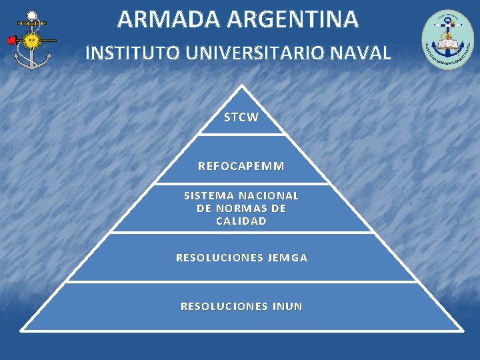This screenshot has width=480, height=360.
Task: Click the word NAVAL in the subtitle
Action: pos(363,53)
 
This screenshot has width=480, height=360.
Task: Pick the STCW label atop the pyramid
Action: pos(241,117)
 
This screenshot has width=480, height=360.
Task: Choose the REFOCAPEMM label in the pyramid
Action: pos(241,165)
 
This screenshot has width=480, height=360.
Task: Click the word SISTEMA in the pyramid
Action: pos(209,195)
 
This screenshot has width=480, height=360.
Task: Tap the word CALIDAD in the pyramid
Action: pos(241,221)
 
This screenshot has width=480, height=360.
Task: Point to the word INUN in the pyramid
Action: pos(287,306)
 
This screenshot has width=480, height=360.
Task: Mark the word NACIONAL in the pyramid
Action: pos(269,195)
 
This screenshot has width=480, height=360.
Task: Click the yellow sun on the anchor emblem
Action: pos(30,41)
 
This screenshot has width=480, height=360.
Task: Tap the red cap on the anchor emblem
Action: pos(11,40)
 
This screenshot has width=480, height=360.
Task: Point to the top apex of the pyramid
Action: pos(241,85)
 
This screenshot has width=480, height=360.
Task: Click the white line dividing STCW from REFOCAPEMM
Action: pos(241,135)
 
